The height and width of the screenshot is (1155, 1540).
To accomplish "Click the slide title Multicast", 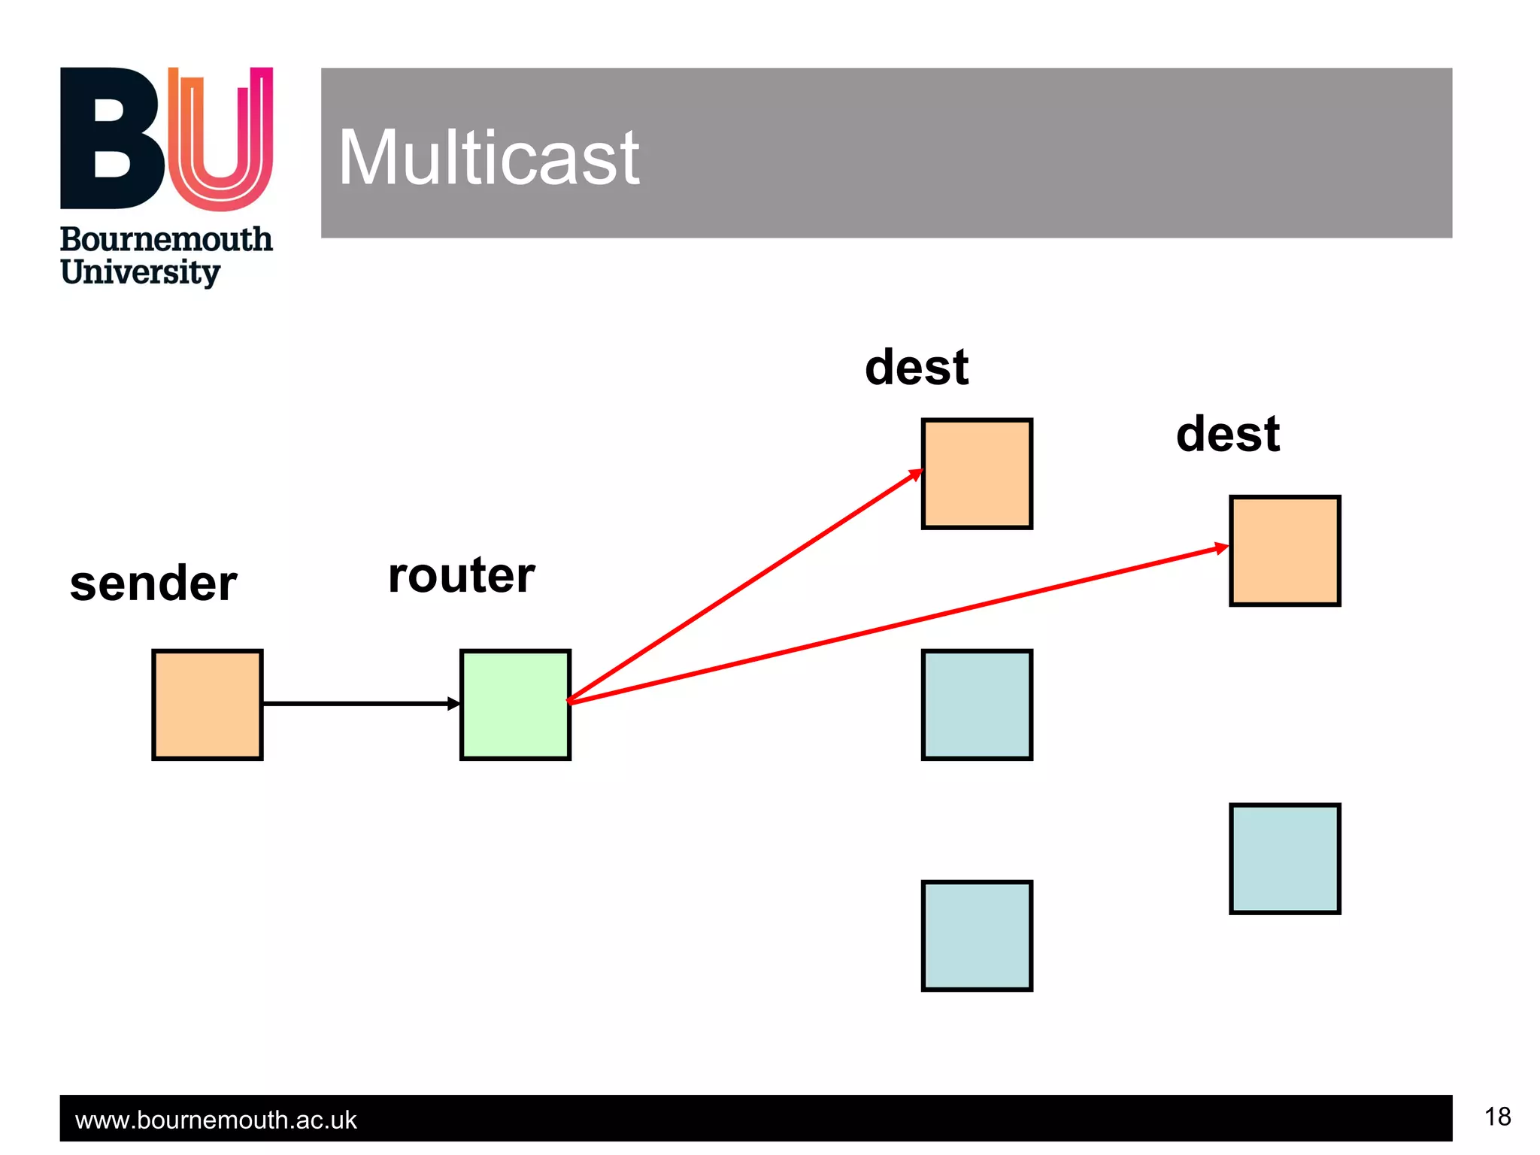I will click(x=489, y=158).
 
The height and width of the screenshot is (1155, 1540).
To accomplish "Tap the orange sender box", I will click(x=207, y=705).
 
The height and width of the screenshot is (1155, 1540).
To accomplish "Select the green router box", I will click(x=515, y=705).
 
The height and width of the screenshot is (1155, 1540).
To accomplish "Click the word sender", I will click(x=153, y=584).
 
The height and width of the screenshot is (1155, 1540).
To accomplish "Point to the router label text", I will click(x=461, y=575).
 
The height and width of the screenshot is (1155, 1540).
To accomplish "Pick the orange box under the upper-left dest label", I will click(x=977, y=474).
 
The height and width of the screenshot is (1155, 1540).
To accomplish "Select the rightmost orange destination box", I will click(x=1284, y=550).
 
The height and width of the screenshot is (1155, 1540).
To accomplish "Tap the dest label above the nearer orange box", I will click(x=917, y=368).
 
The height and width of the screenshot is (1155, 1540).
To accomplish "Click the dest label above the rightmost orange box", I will click(x=1228, y=435).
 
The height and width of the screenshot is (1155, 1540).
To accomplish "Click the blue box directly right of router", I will click(x=977, y=705).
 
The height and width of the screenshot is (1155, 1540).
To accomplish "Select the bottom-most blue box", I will click(x=977, y=935).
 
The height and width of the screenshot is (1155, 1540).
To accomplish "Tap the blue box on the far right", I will click(x=1284, y=858).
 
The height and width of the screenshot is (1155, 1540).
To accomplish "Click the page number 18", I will click(x=1497, y=1117).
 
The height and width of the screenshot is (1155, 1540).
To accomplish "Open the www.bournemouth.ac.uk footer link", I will click(x=216, y=1120).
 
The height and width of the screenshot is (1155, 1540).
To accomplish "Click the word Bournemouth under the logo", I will click(x=166, y=240).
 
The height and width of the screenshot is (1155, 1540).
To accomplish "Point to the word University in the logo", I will click(x=141, y=272).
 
